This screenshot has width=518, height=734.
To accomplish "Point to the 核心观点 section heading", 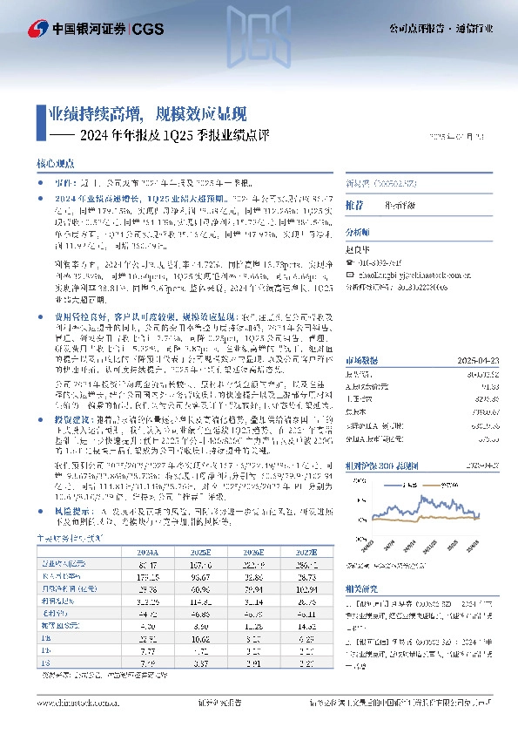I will [61, 163].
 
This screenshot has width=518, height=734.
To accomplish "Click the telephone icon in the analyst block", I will [350, 260].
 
